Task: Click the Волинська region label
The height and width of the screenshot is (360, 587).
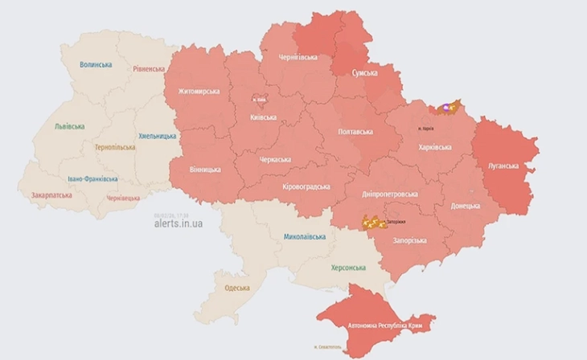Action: point(96,64)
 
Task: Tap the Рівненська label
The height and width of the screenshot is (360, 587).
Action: point(149,69)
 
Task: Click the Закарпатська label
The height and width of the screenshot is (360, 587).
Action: point(51,195)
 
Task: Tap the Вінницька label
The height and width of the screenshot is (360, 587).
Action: point(206,170)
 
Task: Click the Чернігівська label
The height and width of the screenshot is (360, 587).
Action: point(298,58)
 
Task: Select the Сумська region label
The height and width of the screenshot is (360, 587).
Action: point(367,73)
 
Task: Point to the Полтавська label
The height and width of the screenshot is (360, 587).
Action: point(355,131)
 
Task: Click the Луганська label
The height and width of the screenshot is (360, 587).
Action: point(505,165)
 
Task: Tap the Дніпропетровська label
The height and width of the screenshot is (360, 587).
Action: point(389,194)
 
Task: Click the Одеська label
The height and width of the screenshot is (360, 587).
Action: point(237,288)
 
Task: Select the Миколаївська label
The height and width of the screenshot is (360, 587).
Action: point(305,237)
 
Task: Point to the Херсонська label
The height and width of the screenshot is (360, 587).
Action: point(348,268)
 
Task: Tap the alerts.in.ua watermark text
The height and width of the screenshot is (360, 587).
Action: point(178,223)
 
